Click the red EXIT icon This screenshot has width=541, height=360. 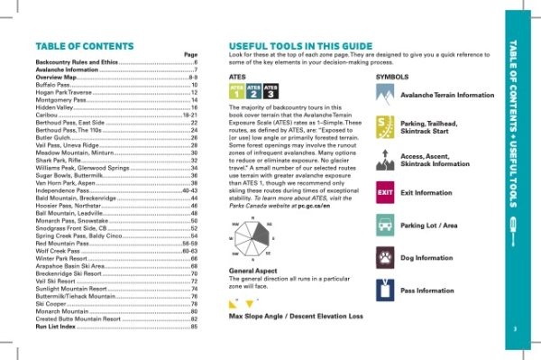383,192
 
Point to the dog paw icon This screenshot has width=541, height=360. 383,256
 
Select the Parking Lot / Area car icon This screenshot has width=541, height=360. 383,224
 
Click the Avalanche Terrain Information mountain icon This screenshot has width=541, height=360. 383,94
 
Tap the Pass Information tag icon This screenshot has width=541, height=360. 383,291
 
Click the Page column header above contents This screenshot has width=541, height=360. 190,55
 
